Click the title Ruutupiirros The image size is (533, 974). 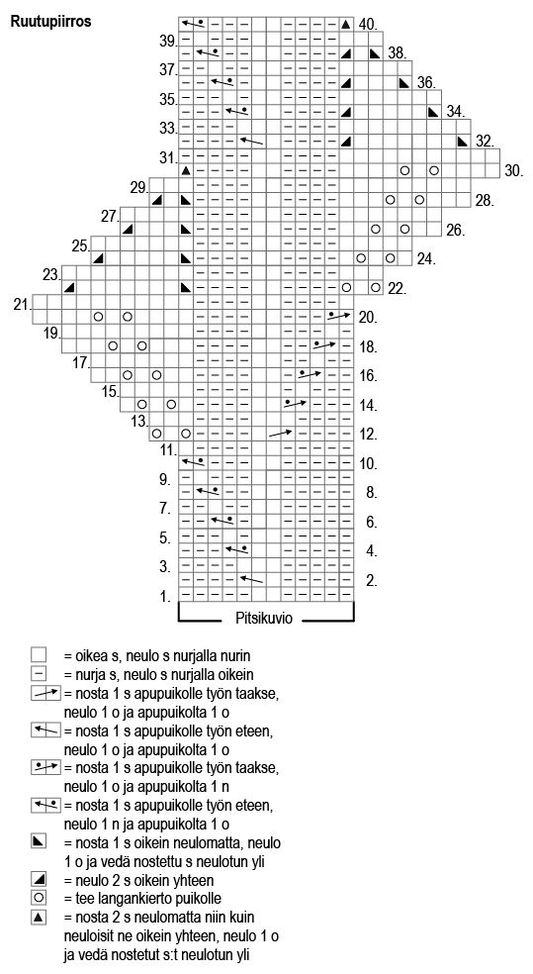click(x=49, y=22)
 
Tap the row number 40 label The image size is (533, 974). click(x=369, y=24)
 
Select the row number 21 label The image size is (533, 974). click(x=23, y=304)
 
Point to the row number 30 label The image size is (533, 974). click(x=514, y=170)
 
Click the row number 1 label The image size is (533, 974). click(x=165, y=597)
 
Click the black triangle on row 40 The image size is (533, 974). click(x=346, y=25)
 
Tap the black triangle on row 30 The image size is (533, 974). click(x=186, y=170)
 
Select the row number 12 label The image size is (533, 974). click(x=369, y=434)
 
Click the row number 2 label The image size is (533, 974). click(x=372, y=581)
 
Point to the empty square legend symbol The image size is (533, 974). click(x=39, y=654)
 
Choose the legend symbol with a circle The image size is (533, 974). click(x=39, y=898)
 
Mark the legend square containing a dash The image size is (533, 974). click(x=39, y=673)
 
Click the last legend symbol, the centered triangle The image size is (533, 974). click(x=39, y=917)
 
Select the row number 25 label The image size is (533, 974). click(x=80, y=246)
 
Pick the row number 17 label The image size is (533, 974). click(x=81, y=362)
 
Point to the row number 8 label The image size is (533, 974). click(x=372, y=493)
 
